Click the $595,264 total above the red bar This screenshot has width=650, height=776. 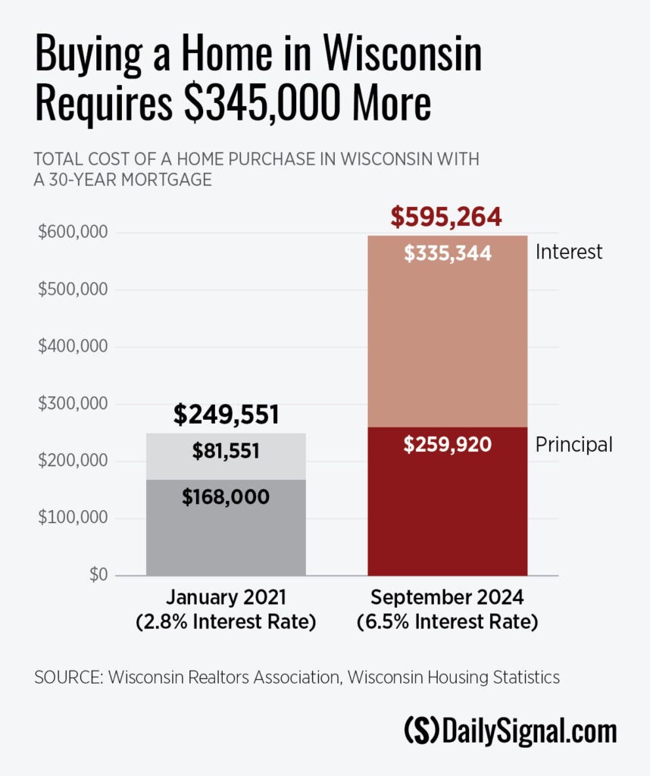point(446,217)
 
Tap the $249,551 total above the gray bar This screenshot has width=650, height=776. point(227,415)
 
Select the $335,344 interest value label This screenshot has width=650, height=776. point(448,254)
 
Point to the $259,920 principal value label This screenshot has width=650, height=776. point(448,444)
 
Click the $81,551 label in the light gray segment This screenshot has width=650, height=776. point(226,452)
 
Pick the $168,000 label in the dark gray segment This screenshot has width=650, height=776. point(226,497)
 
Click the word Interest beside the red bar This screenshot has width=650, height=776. point(569,252)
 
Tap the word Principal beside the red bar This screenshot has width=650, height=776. point(573,444)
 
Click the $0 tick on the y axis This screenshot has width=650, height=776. point(98,575)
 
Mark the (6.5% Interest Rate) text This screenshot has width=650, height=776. point(447,624)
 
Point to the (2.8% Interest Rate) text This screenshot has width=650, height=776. point(226,624)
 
